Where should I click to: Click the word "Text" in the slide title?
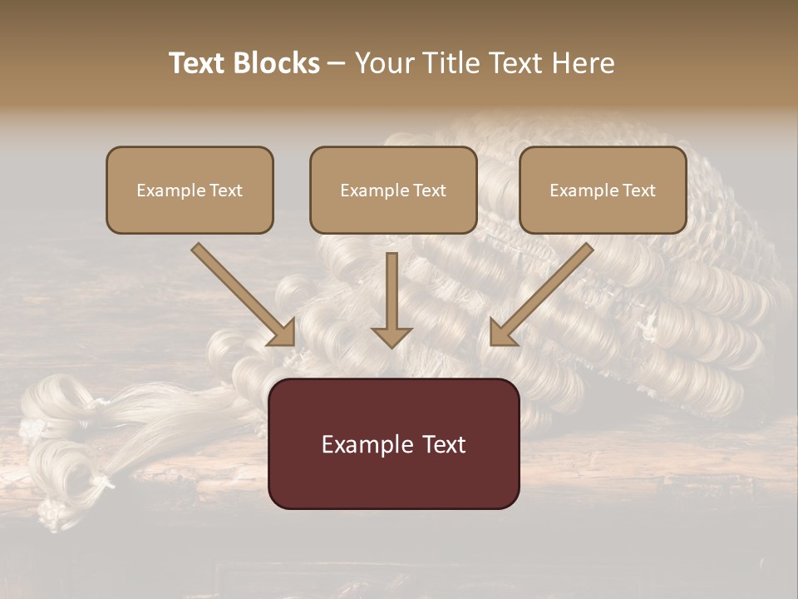coord(198,63)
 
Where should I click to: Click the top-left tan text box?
coord(190,190)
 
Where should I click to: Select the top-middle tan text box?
coord(393,190)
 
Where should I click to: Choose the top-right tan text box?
coord(603,190)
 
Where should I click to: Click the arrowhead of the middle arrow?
coord(392,336)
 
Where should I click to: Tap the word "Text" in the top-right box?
coord(638,190)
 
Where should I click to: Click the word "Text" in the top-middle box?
coord(429,190)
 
